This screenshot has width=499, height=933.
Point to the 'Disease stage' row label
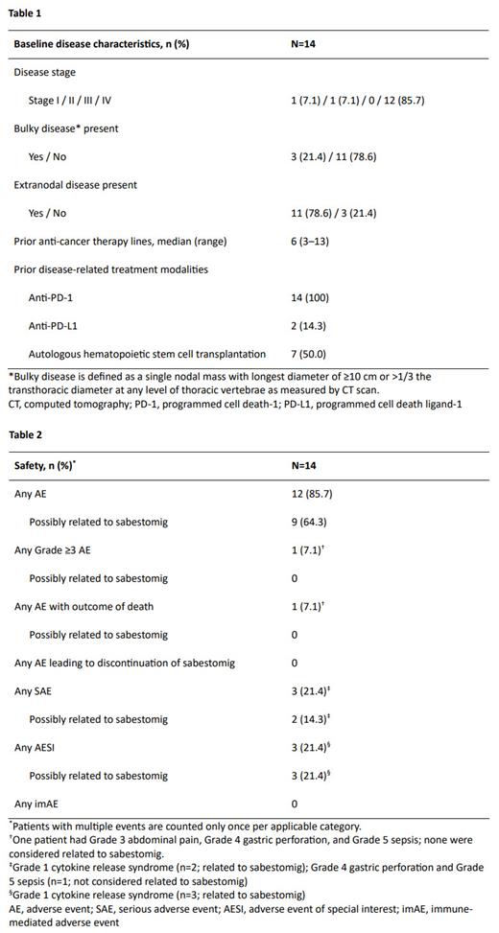point(44,73)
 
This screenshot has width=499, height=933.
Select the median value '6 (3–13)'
point(310,241)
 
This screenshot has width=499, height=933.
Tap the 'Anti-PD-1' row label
point(56,298)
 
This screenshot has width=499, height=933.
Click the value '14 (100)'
point(311,298)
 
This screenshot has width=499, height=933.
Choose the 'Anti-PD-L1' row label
point(59,326)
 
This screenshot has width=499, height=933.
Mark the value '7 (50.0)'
point(309,355)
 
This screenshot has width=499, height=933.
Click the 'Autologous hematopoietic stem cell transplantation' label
point(147,355)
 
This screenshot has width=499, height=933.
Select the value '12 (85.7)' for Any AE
point(312,495)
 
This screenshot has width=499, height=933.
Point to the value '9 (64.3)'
point(309,523)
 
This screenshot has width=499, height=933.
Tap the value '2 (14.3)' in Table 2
point(311,719)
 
